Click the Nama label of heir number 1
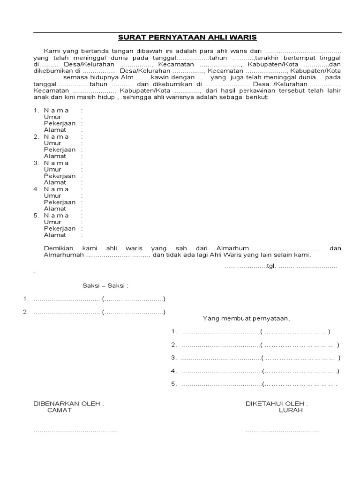(56, 110)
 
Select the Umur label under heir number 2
(52, 143)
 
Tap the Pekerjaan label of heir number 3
(60, 176)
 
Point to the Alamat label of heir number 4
(55, 209)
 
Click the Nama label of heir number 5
(56, 215)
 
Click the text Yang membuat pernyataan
(247, 319)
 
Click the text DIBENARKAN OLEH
(68, 404)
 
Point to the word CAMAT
(60, 410)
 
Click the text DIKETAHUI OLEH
(277, 404)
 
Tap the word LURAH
(291, 410)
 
